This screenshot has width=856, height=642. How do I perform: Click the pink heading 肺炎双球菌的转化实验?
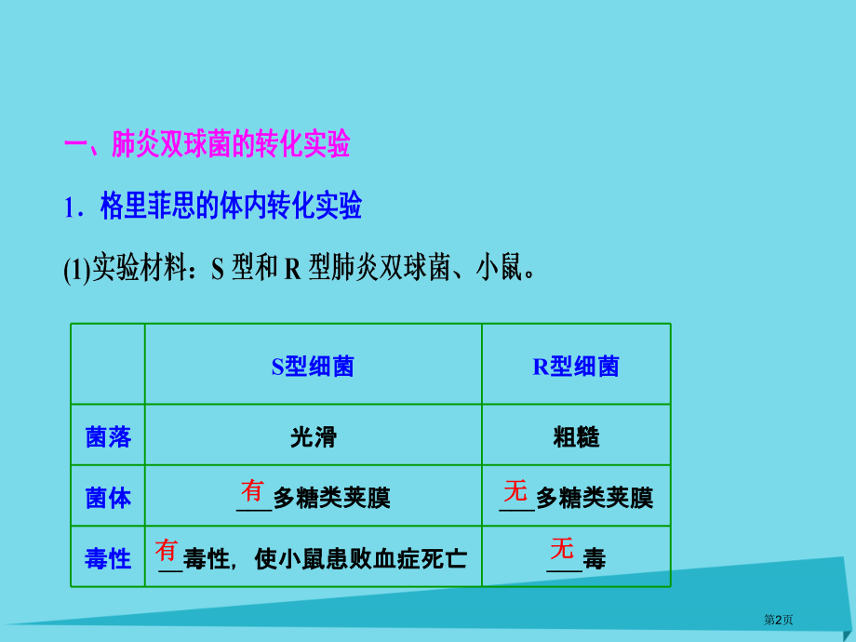[230, 144]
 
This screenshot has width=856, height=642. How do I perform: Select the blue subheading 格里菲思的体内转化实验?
[231, 207]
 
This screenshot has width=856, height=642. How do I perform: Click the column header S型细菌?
[313, 367]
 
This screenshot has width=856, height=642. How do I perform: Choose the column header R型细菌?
[576, 367]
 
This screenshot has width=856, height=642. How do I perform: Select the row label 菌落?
[108, 437]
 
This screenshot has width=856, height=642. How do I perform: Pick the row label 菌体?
[108, 498]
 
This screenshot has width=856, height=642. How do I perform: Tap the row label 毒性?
[108, 558]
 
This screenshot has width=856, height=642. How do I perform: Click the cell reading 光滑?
[313, 437]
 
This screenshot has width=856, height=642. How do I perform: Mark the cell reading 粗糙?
[576, 437]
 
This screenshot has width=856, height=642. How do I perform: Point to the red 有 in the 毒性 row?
[167, 550]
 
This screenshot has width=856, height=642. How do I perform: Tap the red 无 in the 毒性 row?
[561, 548]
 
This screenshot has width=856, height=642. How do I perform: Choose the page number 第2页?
[777, 620]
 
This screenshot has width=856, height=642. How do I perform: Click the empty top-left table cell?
[108, 364]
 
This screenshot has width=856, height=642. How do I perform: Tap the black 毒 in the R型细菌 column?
[594, 559]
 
